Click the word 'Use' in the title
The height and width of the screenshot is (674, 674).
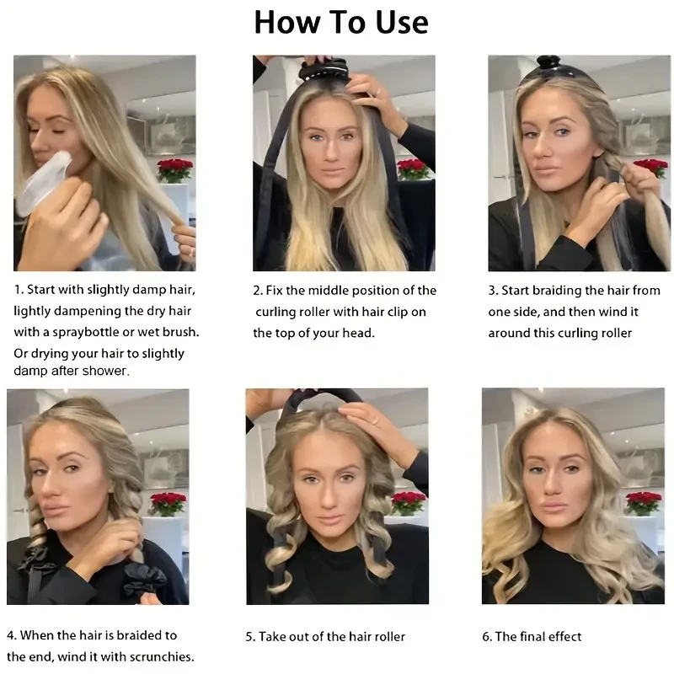click(x=402, y=23)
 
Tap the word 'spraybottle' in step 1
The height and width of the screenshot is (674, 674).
click(x=86, y=332)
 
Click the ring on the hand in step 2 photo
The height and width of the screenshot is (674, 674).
click(x=378, y=92)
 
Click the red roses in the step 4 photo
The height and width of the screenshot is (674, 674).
click(x=168, y=502)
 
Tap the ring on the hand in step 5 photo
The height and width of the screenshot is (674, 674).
click(x=375, y=420)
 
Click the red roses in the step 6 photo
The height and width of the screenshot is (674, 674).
click(x=644, y=500)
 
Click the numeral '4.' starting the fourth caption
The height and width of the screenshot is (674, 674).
click(x=12, y=635)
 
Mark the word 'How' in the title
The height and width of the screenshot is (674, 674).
click(x=286, y=23)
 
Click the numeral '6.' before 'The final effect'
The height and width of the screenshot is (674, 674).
click(x=487, y=637)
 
